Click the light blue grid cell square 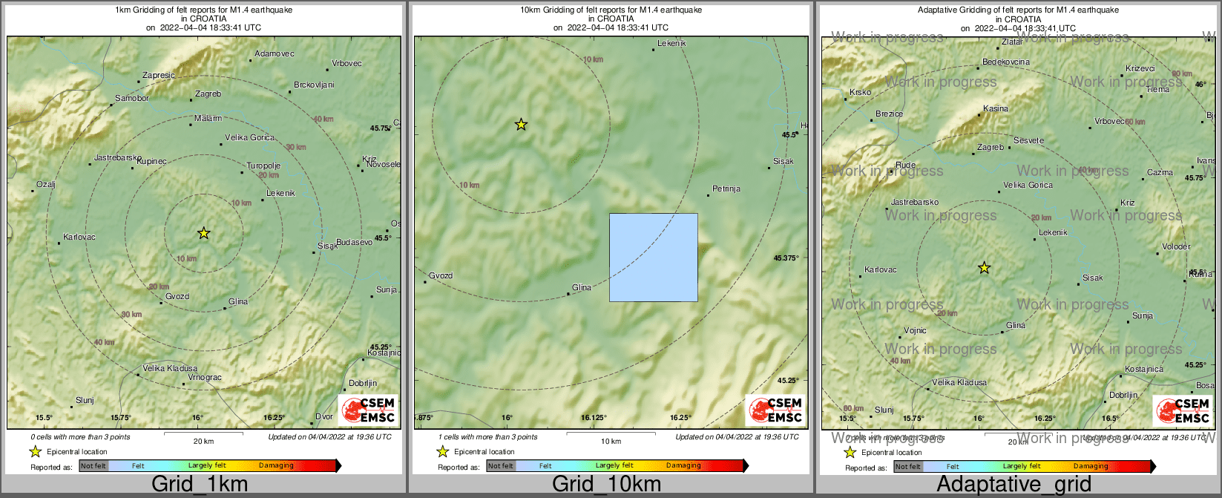click(653, 258)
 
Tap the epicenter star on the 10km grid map click(521, 124)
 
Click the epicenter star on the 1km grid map click(204, 233)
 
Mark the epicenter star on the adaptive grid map click(984, 268)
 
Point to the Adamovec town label click(275, 53)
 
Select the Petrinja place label click(726, 189)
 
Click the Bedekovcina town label click(1006, 62)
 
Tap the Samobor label click(132, 99)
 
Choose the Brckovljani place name click(314, 85)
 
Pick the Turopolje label click(263, 166)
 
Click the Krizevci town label click(1140, 69)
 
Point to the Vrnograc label click(205, 378)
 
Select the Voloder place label click(1176, 246)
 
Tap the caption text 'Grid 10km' click(606, 485)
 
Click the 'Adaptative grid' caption click(1014, 485)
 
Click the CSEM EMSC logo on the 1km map click(368, 410)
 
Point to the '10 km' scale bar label click(611, 442)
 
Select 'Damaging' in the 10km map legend click(683, 466)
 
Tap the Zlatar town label click(1012, 42)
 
